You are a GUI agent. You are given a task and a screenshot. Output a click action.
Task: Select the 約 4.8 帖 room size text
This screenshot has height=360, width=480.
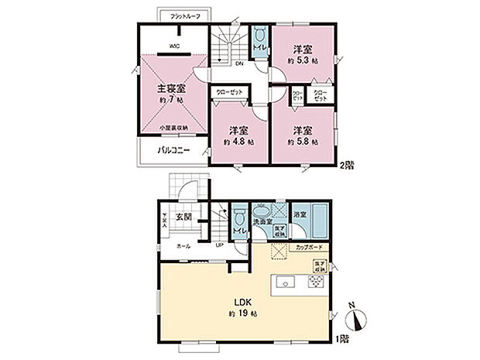click(236, 142)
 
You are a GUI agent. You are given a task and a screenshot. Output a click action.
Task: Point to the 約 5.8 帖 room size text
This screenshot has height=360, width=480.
click(300, 142)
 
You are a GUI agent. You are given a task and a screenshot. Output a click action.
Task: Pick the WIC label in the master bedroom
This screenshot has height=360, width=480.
click(175, 46)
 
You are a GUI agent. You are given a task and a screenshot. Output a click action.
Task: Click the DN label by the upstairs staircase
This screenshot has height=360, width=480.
click(239, 63)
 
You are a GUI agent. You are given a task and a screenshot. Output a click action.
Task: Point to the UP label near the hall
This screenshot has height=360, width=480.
click(219, 245)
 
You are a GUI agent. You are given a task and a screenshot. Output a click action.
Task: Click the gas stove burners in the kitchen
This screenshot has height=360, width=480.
click(318, 281)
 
